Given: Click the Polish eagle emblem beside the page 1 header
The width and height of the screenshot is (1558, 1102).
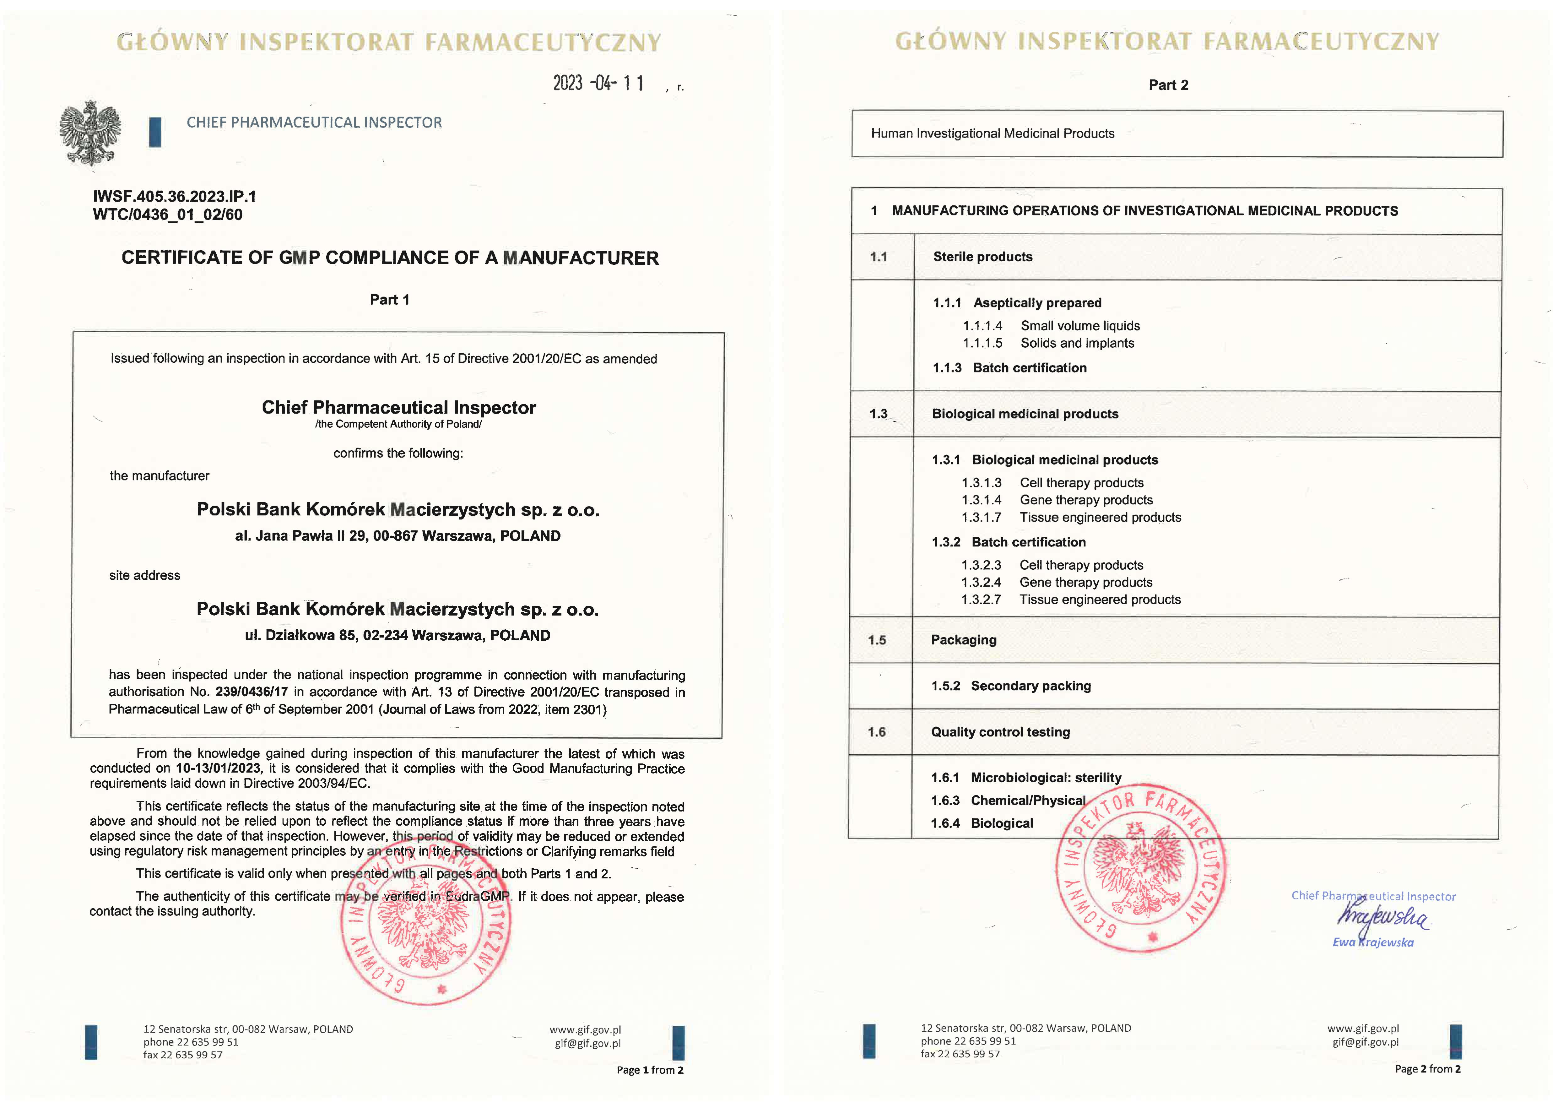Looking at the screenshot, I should coord(90,133).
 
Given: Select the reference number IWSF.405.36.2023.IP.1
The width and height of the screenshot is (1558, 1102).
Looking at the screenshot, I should coord(174,197).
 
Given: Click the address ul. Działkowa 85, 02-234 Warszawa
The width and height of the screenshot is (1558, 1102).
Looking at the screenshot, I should coord(398,636).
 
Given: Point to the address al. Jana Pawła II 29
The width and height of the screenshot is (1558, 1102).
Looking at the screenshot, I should coord(398,536).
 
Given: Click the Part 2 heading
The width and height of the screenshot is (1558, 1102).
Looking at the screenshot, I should coord(1168,85).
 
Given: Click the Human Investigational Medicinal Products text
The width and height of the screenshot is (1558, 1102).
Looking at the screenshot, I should coord(992,134).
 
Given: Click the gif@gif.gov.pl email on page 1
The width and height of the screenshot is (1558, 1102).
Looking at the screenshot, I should coord(588,1044).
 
